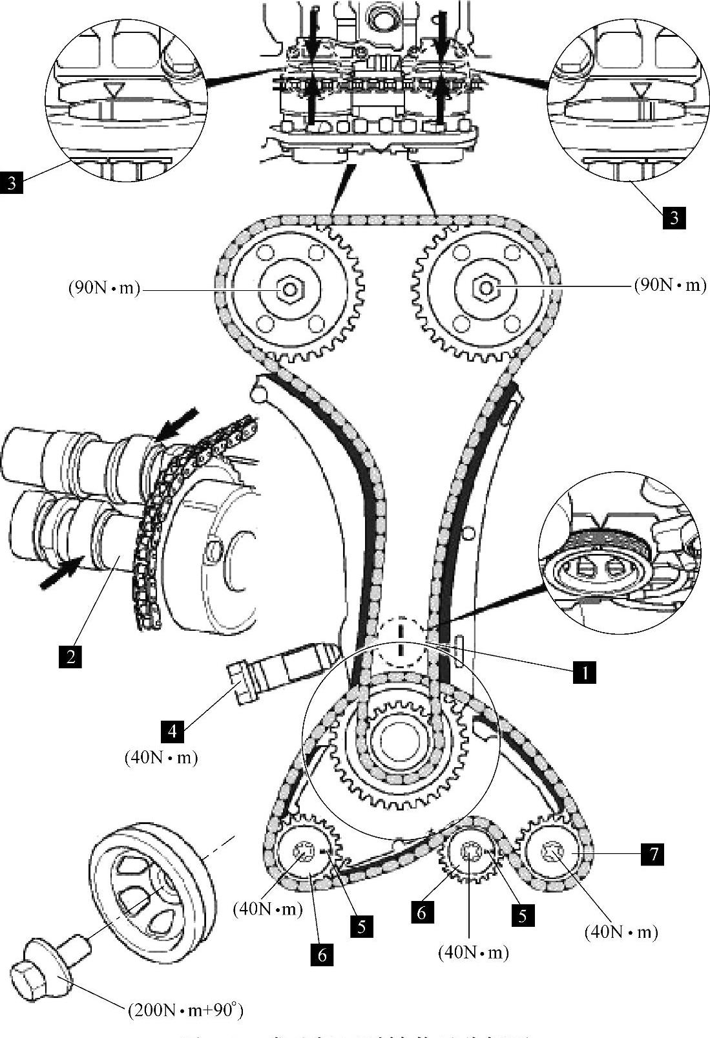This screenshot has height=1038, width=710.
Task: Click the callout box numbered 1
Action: point(584,672)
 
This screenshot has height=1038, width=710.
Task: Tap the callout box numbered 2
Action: point(70,657)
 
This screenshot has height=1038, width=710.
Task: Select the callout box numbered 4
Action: point(172,731)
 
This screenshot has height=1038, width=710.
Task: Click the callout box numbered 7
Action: point(654,854)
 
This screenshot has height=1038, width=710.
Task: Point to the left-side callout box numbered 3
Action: point(12,183)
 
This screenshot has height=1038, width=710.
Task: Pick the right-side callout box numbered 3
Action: point(674,218)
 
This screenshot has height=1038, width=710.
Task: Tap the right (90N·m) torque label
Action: point(670,285)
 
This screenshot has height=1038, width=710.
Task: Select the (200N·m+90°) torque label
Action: point(185,1010)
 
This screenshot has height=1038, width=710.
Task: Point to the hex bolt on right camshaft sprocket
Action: point(485,286)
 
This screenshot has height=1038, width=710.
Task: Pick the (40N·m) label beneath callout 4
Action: point(161,757)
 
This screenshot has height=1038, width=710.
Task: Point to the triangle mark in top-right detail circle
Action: point(642,89)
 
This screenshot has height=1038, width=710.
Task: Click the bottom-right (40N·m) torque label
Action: point(621,931)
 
